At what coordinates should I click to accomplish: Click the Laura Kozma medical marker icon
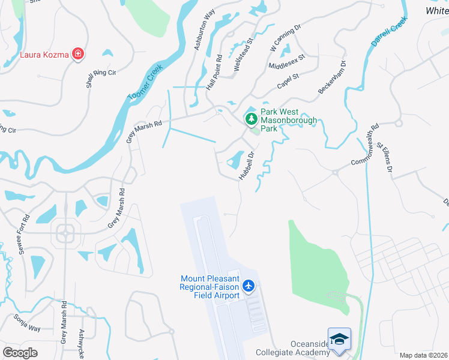click(x=77, y=55)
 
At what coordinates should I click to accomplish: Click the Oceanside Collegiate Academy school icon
click(x=339, y=338)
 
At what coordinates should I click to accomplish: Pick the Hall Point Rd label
click(x=214, y=73)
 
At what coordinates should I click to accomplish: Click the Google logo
click(x=20, y=352)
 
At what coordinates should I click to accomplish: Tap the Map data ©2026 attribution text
click(x=423, y=355)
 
